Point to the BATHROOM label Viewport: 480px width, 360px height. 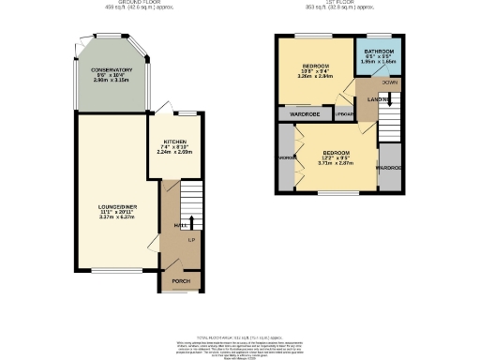[379, 51]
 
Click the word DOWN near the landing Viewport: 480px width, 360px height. [378, 82]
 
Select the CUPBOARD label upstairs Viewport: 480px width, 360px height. [344, 113]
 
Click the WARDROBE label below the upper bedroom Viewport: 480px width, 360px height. [306, 113]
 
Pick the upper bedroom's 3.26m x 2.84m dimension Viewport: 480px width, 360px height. [315, 77]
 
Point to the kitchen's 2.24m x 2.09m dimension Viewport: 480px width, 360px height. [174, 152]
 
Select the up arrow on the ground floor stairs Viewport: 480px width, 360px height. [191, 221]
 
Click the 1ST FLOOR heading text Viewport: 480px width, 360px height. [337, 3]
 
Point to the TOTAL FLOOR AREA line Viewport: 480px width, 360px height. [240, 335]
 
